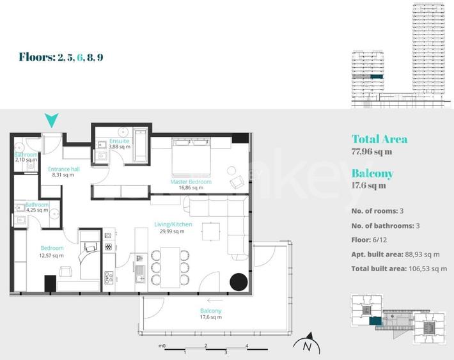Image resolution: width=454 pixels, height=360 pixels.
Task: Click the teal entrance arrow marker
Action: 52,120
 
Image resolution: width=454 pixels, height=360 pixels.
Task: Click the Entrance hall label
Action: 64,169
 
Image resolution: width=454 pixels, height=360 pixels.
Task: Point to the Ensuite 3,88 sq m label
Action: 120,141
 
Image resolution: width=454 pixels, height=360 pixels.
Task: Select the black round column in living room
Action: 239,281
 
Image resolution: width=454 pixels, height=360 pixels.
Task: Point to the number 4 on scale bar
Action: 247,346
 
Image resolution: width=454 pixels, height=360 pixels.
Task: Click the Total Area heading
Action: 379,139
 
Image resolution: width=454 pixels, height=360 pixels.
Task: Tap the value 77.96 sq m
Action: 372,152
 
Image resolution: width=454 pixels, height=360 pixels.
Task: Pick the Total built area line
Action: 399,269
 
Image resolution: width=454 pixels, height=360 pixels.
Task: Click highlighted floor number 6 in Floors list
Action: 81,57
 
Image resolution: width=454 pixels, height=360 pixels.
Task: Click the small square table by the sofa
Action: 210,231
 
